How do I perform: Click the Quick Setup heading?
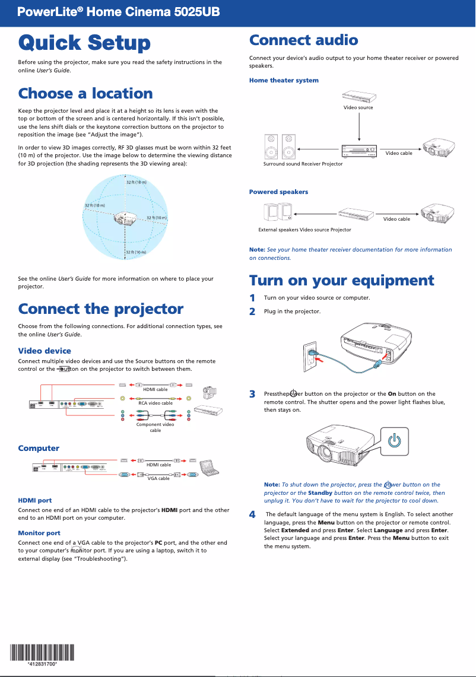point(84,43)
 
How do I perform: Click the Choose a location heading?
point(85,94)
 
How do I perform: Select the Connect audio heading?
point(303,40)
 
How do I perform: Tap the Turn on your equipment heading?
point(341,280)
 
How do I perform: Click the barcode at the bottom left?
point(42,653)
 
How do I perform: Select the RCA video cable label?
point(155,403)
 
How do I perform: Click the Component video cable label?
point(155,427)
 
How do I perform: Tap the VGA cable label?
point(158,478)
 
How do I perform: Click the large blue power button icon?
point(394,441)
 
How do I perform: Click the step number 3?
point(252,394)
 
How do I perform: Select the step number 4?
point(252,514)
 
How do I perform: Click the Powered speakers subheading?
point(278,192)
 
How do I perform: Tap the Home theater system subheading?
point(284,80)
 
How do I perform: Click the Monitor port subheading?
point(39,533)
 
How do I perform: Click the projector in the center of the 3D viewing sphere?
point(126,218)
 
